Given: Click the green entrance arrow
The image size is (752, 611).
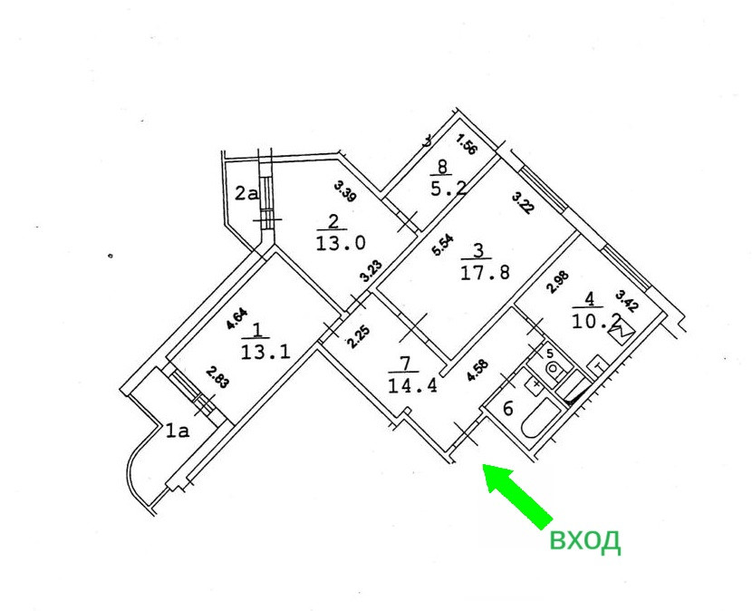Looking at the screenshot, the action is click(x=517, y=495).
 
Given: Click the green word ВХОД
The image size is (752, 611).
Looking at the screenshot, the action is click(x=584, y=541).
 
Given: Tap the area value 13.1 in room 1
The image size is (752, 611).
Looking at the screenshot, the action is click(x=265, y=351).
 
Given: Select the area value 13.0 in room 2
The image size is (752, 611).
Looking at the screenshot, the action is click(x=342, y=243).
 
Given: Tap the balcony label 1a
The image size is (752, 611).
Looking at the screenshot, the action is click(x=176, y=432).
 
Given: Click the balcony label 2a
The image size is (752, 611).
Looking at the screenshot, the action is click(x=246, y=192).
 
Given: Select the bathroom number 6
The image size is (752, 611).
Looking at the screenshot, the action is click(x=508, y=408).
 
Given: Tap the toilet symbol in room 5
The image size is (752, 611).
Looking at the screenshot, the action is click(x=554, y=369).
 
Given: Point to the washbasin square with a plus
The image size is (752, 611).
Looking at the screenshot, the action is click(x=537, y=383).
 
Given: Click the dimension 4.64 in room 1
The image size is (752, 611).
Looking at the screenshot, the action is click(x=236, y=319).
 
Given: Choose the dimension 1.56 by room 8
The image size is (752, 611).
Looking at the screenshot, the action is click(x=467, y=144).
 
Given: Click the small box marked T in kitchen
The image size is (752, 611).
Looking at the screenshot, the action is click(x=598, y=364).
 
